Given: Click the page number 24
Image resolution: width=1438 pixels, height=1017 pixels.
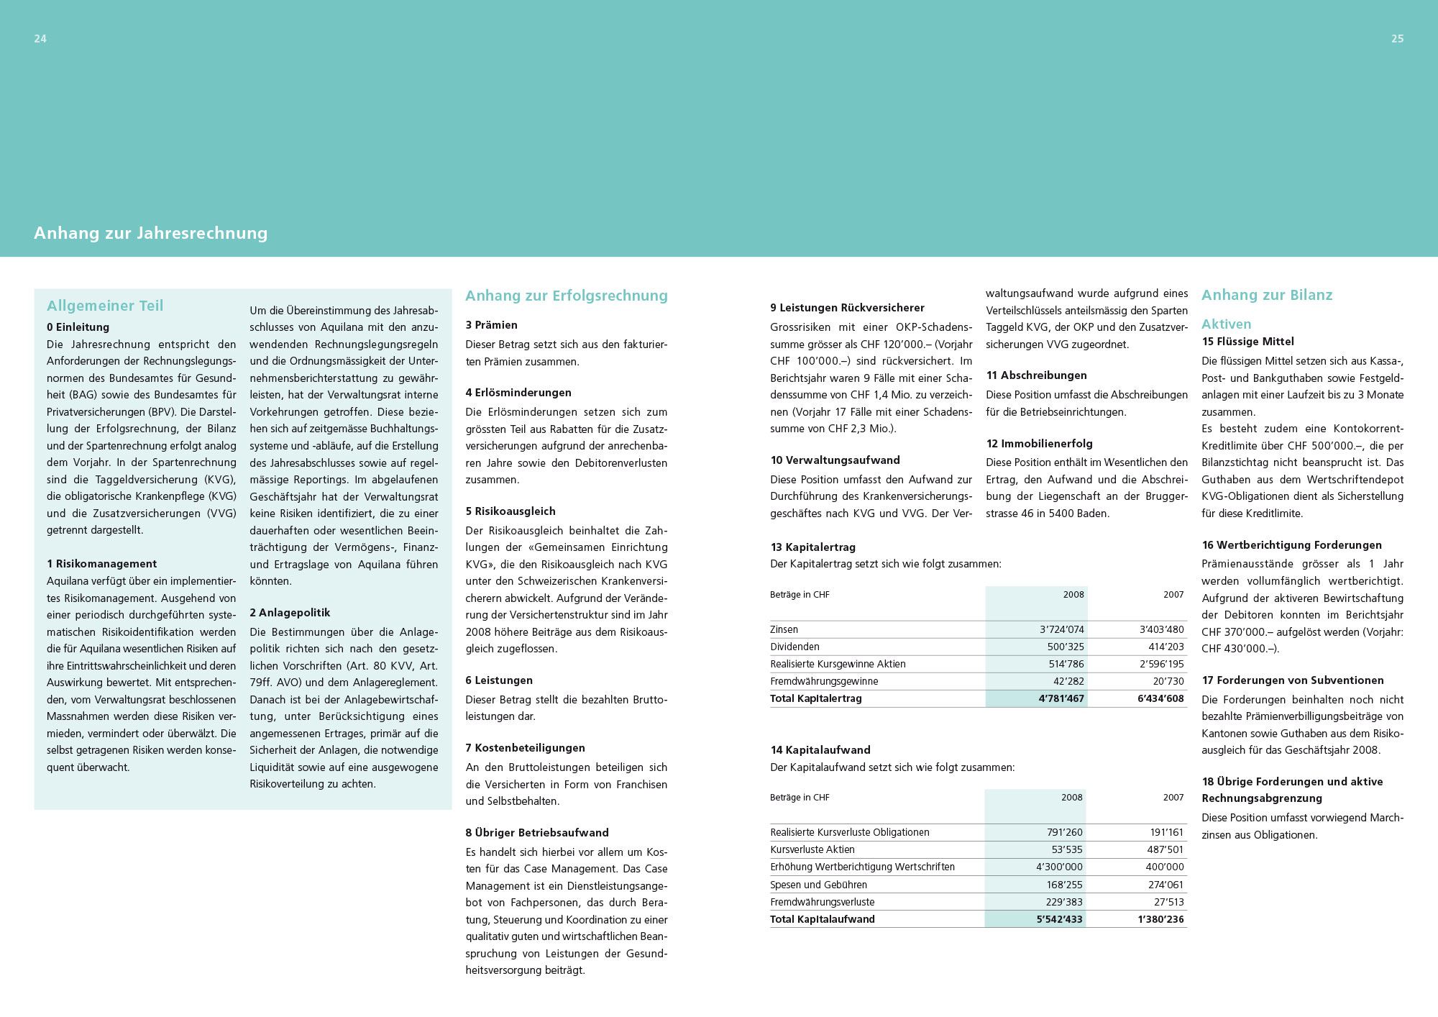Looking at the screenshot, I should point(40,39).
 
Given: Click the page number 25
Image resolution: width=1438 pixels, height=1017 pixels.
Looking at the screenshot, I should point(1397,39).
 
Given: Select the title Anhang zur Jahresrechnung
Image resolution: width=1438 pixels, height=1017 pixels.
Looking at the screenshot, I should point(150,233).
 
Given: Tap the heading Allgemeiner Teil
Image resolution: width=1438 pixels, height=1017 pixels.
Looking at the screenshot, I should point(105,306).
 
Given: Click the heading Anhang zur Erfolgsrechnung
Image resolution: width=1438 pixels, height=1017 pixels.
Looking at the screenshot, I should point(566,296).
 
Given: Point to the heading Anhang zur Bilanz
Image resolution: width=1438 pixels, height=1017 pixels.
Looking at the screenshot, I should point(1266,295).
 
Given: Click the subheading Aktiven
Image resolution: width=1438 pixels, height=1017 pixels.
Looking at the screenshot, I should point(1226,324).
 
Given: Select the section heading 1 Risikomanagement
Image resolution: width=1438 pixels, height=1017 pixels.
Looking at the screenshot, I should point(101,564).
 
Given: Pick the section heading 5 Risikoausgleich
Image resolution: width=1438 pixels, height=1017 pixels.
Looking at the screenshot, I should point(510,511).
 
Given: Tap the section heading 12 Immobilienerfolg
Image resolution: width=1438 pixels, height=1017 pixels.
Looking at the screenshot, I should point(1039,444).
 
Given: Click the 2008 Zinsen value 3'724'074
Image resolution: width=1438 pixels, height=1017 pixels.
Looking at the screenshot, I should point(1061,629).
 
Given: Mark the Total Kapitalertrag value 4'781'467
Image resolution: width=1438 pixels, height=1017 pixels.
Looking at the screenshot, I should point(1061,698).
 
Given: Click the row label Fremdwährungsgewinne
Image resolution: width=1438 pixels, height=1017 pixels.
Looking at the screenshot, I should point(824,681).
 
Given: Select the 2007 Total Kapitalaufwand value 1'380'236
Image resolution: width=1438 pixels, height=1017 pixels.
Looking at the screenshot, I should point(1160,919).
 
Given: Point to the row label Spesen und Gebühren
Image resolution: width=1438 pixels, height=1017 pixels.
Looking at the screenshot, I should point(818,885).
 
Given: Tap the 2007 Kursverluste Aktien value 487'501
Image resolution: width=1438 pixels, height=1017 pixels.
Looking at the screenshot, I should point(1165,849).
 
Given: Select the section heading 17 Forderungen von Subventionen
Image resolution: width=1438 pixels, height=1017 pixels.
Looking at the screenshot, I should point(1292,680).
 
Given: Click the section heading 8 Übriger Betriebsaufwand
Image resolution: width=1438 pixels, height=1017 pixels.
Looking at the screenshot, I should point(536,833).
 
